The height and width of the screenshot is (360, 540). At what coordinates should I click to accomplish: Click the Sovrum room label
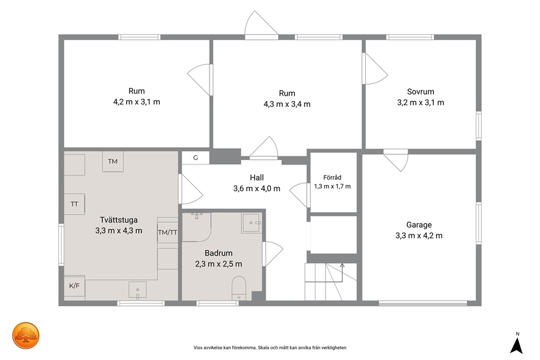420,91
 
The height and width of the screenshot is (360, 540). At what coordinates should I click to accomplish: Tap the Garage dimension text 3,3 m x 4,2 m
419,236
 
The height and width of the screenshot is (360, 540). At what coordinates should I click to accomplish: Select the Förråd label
333,178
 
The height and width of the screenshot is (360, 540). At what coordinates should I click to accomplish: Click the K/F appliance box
75,286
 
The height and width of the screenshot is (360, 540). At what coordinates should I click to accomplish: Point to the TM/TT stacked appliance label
168,233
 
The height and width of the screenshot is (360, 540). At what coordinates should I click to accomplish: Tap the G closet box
195,158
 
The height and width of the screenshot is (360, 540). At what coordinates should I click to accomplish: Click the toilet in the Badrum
238,288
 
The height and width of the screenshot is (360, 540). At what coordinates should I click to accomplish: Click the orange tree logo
26,335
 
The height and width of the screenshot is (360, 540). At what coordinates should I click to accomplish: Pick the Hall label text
257,178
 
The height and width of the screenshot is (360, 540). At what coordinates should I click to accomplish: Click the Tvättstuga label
119,220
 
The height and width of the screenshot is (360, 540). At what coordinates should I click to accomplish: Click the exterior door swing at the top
261,23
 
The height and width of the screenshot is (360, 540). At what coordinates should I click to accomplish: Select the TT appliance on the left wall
75,204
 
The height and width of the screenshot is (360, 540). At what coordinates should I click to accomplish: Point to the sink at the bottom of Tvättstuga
137,290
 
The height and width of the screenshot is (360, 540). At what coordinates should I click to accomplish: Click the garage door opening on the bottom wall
423,303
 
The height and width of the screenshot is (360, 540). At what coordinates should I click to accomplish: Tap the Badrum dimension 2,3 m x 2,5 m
219,264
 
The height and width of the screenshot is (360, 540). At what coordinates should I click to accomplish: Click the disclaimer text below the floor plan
270,348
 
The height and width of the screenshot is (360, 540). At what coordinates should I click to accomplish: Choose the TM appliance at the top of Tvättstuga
113,162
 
